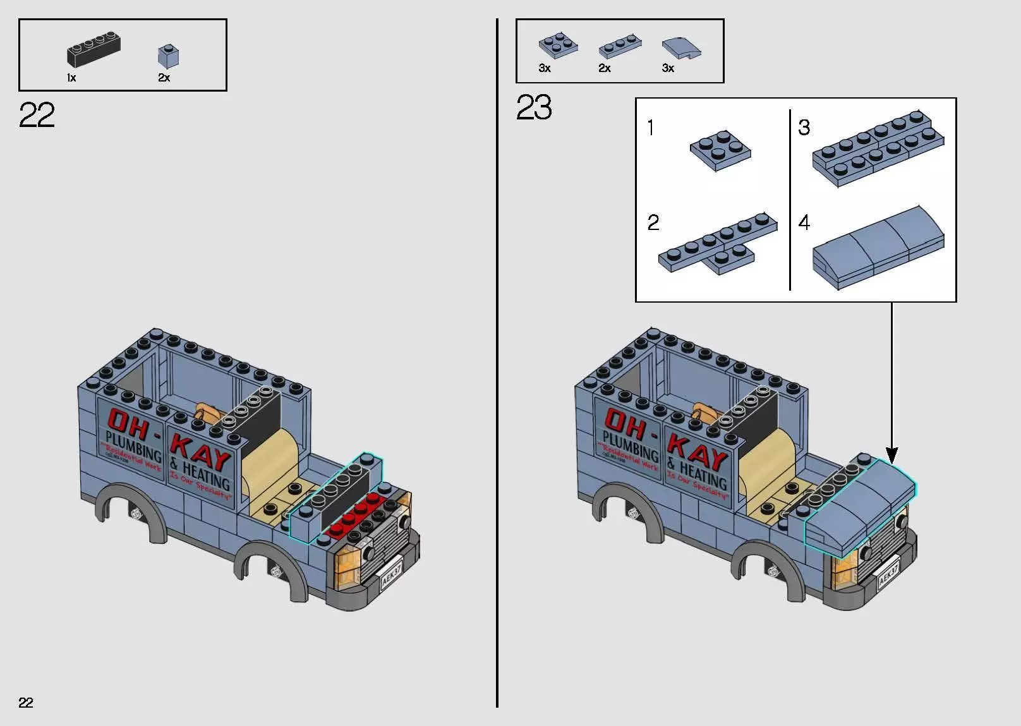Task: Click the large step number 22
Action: pyautogui.click(x=37, y=116)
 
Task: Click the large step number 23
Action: pyautogui.click(x=534, y=107)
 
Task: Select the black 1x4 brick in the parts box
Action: pyautogui.click(x=93, y=51)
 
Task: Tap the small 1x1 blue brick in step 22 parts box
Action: pyautogui.click(x=168, y=56)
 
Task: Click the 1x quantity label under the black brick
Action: pyautogui.click(x=71, y=78)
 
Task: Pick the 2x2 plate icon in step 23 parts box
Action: pyautogui.click(x=558, y=45)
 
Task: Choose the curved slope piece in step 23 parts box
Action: pyautogui.click(x=681, y=48)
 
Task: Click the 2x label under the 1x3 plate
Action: pyautogui.click(x=605, y=68)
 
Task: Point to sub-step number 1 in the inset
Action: pyautogui.click(x=651, y=128)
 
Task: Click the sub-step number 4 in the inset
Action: pyautogui.click(x=804, y=222)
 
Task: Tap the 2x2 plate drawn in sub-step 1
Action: pyautogui.click(x=720, y=150)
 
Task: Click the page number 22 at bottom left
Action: pyautogui.click(x=26, y=703)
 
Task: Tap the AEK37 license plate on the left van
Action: pyautogui.click(x=392, y=572)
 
